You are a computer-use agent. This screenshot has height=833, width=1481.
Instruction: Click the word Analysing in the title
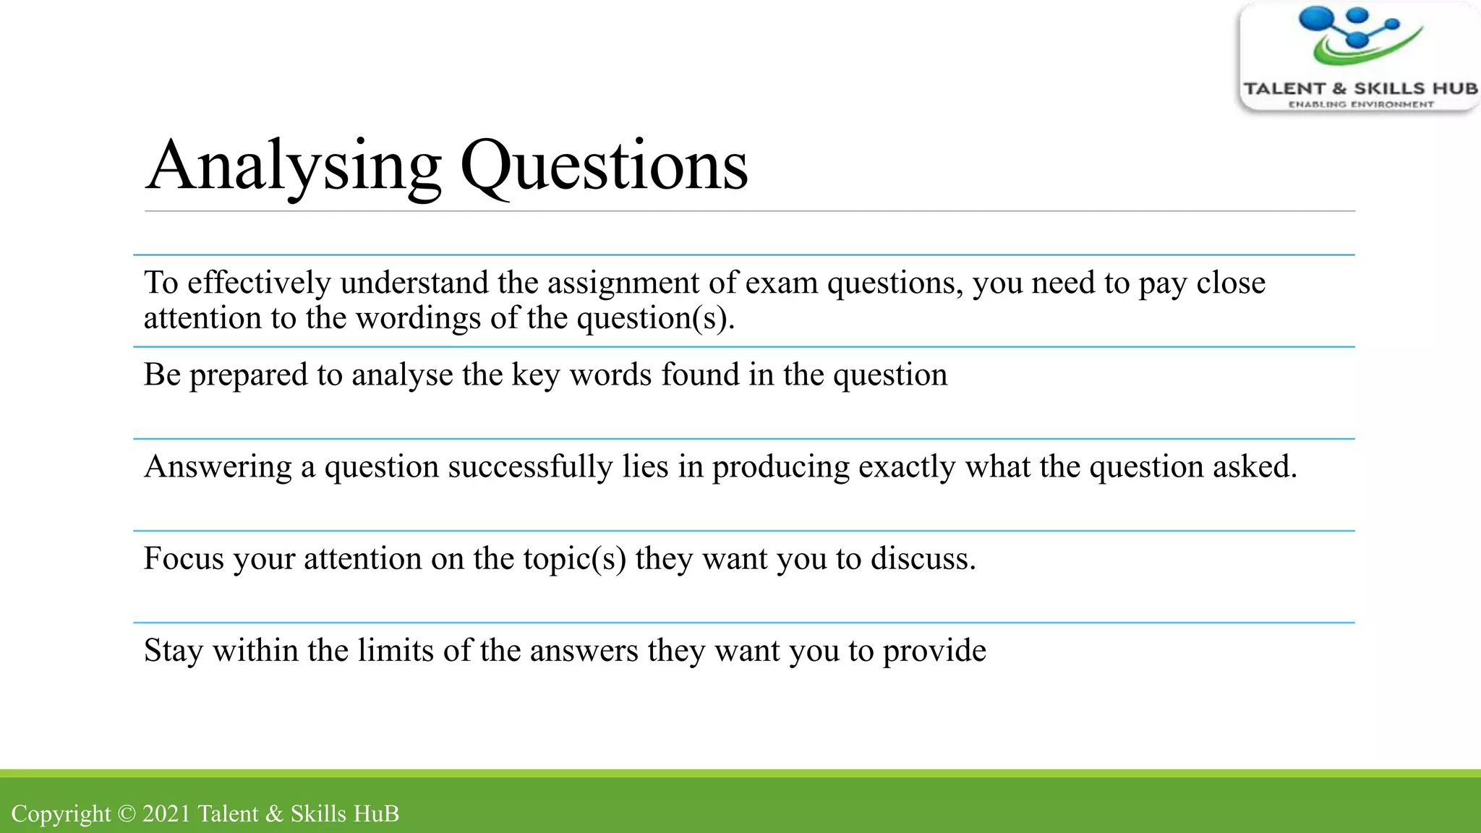pos(293,166)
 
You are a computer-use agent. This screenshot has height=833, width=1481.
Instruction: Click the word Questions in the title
pos(604,166)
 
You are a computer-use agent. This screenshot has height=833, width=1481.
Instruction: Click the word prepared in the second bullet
pos(249,375)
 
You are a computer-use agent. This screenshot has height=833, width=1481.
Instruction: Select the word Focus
pos(184,559)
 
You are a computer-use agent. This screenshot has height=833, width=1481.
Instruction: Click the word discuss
pos(923,559)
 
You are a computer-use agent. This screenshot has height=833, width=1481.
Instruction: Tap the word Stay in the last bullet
pos(174,651)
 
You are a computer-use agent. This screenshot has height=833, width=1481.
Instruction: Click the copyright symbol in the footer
pos(127,814)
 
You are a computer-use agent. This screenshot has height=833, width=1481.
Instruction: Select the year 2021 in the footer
pos(166,814)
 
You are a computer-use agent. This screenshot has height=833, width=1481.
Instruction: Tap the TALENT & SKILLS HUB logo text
pos(1360,89)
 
